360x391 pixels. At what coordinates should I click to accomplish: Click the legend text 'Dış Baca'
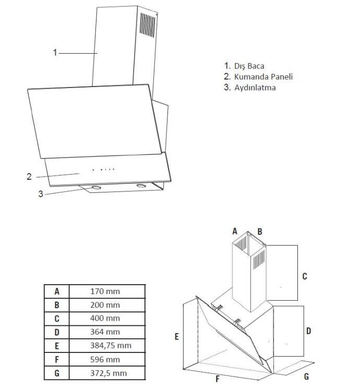pyautogui.click(x=249, y=66)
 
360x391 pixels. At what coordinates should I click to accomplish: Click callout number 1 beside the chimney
pyautogui.click(x=55, y=52)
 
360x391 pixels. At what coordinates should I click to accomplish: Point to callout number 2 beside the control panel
pyautogui.click(x=29, y=177)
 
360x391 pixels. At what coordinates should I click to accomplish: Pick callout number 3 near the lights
pyautogui.click(x=41, y=194)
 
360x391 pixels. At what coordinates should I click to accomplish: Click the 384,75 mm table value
pyautogui.click(x=108, y=345)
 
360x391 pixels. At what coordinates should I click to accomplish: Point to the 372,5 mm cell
pyautogui.click(x=108, y=373)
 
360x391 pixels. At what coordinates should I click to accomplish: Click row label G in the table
pyautogui.click(x=56, y=373)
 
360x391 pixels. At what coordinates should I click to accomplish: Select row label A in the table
pyautogui.click(x=56, y=291)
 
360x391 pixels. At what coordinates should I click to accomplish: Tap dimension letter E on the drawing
pyautogui.click(x=176, y=337)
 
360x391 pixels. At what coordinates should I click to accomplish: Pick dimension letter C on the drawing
pyautogui.click(x=304, y=276)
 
